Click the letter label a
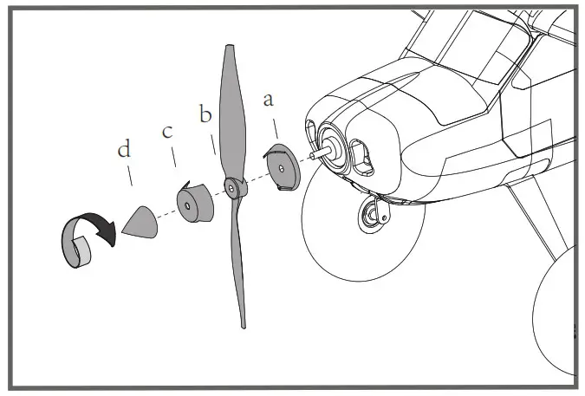269,100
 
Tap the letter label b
205,114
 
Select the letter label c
167,132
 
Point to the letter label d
124,150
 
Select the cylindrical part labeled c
194,204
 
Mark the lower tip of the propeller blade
244,322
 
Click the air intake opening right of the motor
364,157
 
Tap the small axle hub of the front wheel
375,213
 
